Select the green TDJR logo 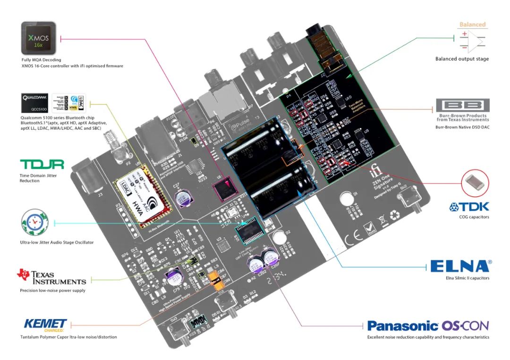pos(42,164)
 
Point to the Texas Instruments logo pos(51,277)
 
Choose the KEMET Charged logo pos(45,325)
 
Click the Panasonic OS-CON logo pos(428,326)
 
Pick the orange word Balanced pos(472,25)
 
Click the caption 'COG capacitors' pos(474,217)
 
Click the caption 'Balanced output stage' pos(462,59)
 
